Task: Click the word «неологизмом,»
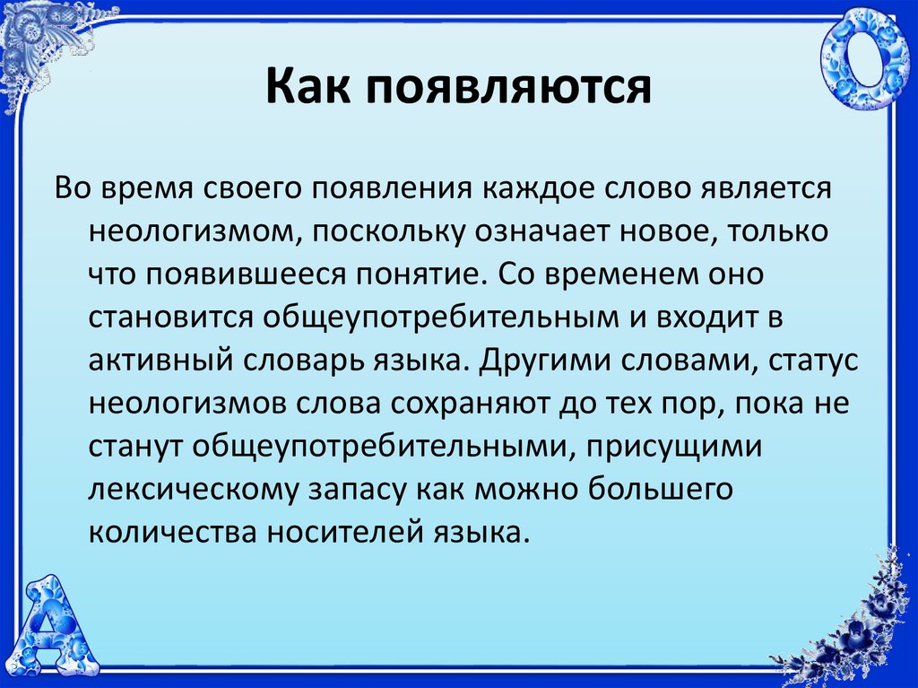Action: (190, 231)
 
